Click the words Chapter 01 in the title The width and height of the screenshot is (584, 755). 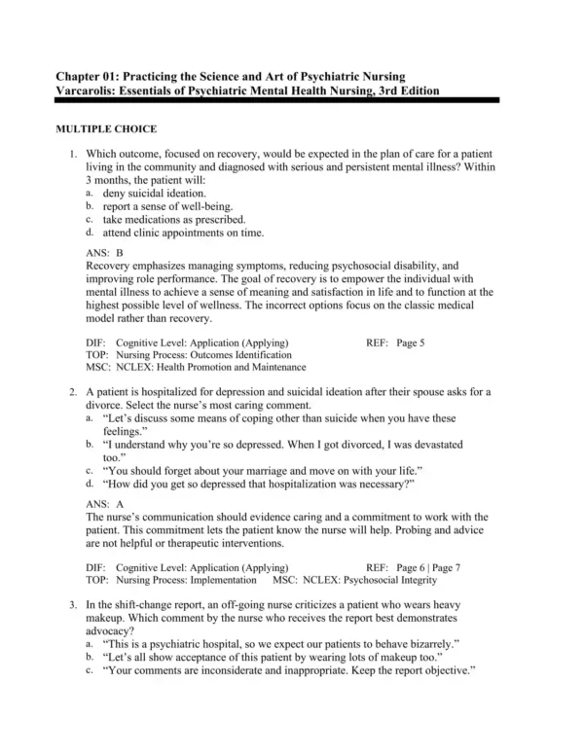(91, 76)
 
